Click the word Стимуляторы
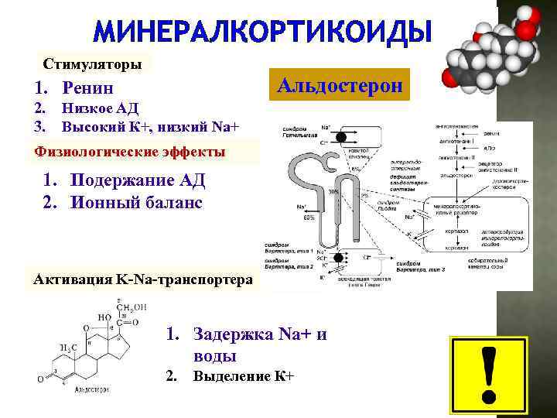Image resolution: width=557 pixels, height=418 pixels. coord(92,64)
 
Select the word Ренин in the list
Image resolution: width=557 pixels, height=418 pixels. coord(88,89)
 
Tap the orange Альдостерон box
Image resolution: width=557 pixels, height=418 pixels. coord(339,84)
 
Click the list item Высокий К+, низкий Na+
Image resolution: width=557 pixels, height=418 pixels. coord(151,125)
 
